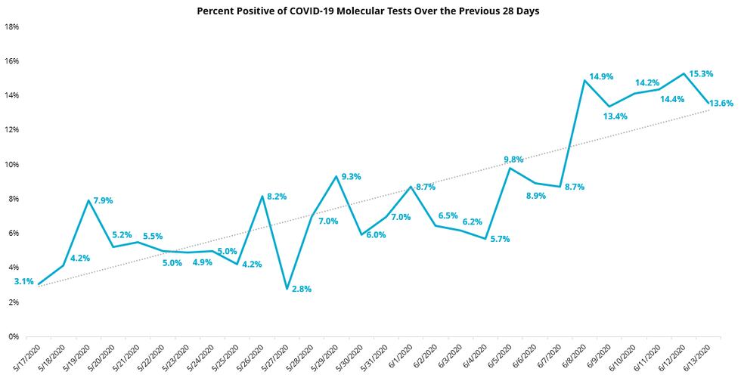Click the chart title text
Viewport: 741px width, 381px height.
pyautogui.click(x=369, y=11)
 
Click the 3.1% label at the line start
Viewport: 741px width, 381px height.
pyautogui.click(x=24, y=281)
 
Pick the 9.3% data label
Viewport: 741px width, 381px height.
pyautogui.click(x=351, y=176)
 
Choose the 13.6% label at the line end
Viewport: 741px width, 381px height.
pyautogui.click(x=720, y=103)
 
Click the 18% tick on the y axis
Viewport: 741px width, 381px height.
pyautogui.click(x=12, y=26)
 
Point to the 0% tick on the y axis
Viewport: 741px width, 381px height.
pyautogui.click(x=14, y=336)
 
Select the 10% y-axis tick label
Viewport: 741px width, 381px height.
pyautogui.click(x=12, y=164)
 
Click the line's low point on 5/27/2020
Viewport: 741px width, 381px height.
pyautogui.click(x=287, y=289)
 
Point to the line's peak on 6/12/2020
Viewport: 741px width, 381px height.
pyautogui.click(x=684, y=73)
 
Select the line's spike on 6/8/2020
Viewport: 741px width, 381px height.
pyautogui.click(x=584, y=80)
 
